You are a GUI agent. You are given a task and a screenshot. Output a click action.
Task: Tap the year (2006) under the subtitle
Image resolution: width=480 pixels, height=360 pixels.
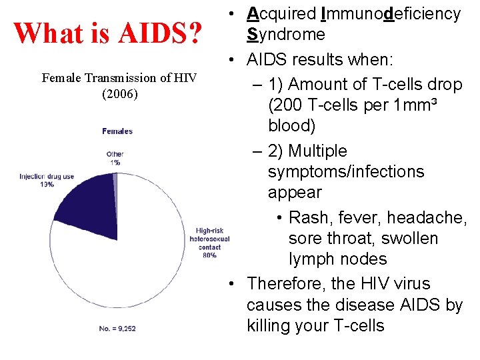tap(120, 93)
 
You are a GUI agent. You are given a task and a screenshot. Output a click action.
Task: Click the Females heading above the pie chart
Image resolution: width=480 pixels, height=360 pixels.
tap(117, 131)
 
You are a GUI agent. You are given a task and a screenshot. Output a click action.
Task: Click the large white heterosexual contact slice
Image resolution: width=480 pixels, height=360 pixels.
tap(133, 267)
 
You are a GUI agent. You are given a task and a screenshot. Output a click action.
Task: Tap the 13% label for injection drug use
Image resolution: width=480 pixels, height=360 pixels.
tap(47, 185)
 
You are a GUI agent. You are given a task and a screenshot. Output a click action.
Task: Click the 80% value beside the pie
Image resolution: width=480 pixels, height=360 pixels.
tap(209, 255)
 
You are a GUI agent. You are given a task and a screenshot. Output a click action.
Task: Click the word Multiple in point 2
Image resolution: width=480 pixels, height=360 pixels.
tap(319, 151)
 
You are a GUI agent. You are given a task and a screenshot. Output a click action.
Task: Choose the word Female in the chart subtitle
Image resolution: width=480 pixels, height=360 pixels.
tap(62, 78)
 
